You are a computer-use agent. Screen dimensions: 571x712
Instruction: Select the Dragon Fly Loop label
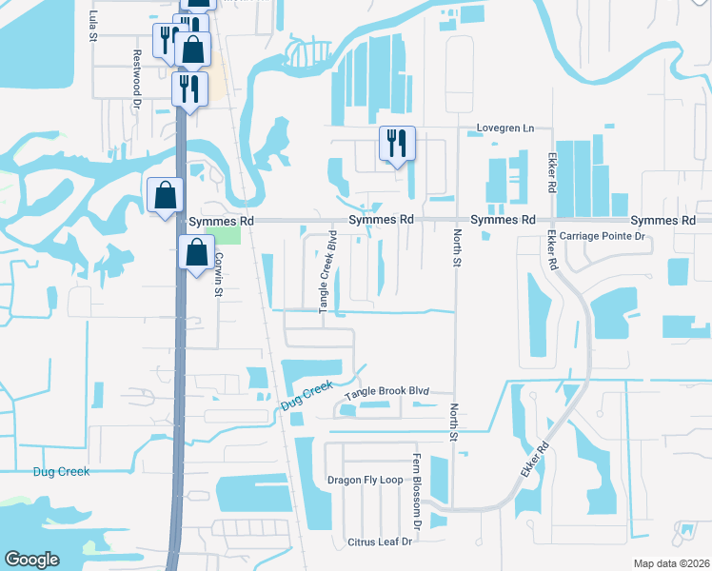click(366, 480)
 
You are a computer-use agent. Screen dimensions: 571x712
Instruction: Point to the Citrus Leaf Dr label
click(379, 541)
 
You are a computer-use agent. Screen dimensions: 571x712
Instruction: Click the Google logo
click(31, 560)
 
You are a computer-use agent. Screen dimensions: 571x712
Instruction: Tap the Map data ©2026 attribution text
click(670, 562)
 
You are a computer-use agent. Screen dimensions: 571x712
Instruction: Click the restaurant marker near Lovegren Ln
click(397, 145)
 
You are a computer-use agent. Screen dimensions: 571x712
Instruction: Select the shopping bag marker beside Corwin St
click(196, 254)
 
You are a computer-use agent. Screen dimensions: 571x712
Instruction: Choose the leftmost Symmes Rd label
click(222, 220)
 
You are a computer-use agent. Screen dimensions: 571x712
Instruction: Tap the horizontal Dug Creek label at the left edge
click(61, 471)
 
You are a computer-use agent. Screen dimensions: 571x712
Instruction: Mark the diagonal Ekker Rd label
click(536, 461)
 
